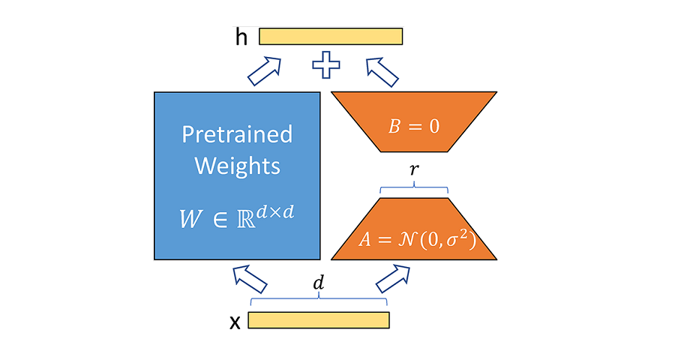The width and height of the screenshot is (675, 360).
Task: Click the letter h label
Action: (x=241, y=37)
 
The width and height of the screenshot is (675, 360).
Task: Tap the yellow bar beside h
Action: (x=331, y=36)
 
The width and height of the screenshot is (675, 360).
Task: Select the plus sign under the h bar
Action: (x=326, y=65)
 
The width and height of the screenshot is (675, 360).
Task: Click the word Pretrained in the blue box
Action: (x=237, y=135)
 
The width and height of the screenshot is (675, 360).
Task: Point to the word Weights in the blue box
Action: (x=237, y=165)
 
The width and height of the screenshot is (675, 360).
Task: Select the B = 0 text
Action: (x=413, y=126)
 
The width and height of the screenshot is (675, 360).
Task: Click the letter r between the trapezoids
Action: (x=414, y=170)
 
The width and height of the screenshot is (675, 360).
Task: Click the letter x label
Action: (x=235, y=322)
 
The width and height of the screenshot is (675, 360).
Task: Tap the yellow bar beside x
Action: (x=319, y=320)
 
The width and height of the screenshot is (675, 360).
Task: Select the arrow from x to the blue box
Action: (x=250, y=279)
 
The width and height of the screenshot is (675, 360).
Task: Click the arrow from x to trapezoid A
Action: (x=391, y=278)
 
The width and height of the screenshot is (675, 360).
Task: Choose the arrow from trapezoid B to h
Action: (x=382, y=72)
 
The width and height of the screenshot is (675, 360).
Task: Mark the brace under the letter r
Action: (x=414, y=187)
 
